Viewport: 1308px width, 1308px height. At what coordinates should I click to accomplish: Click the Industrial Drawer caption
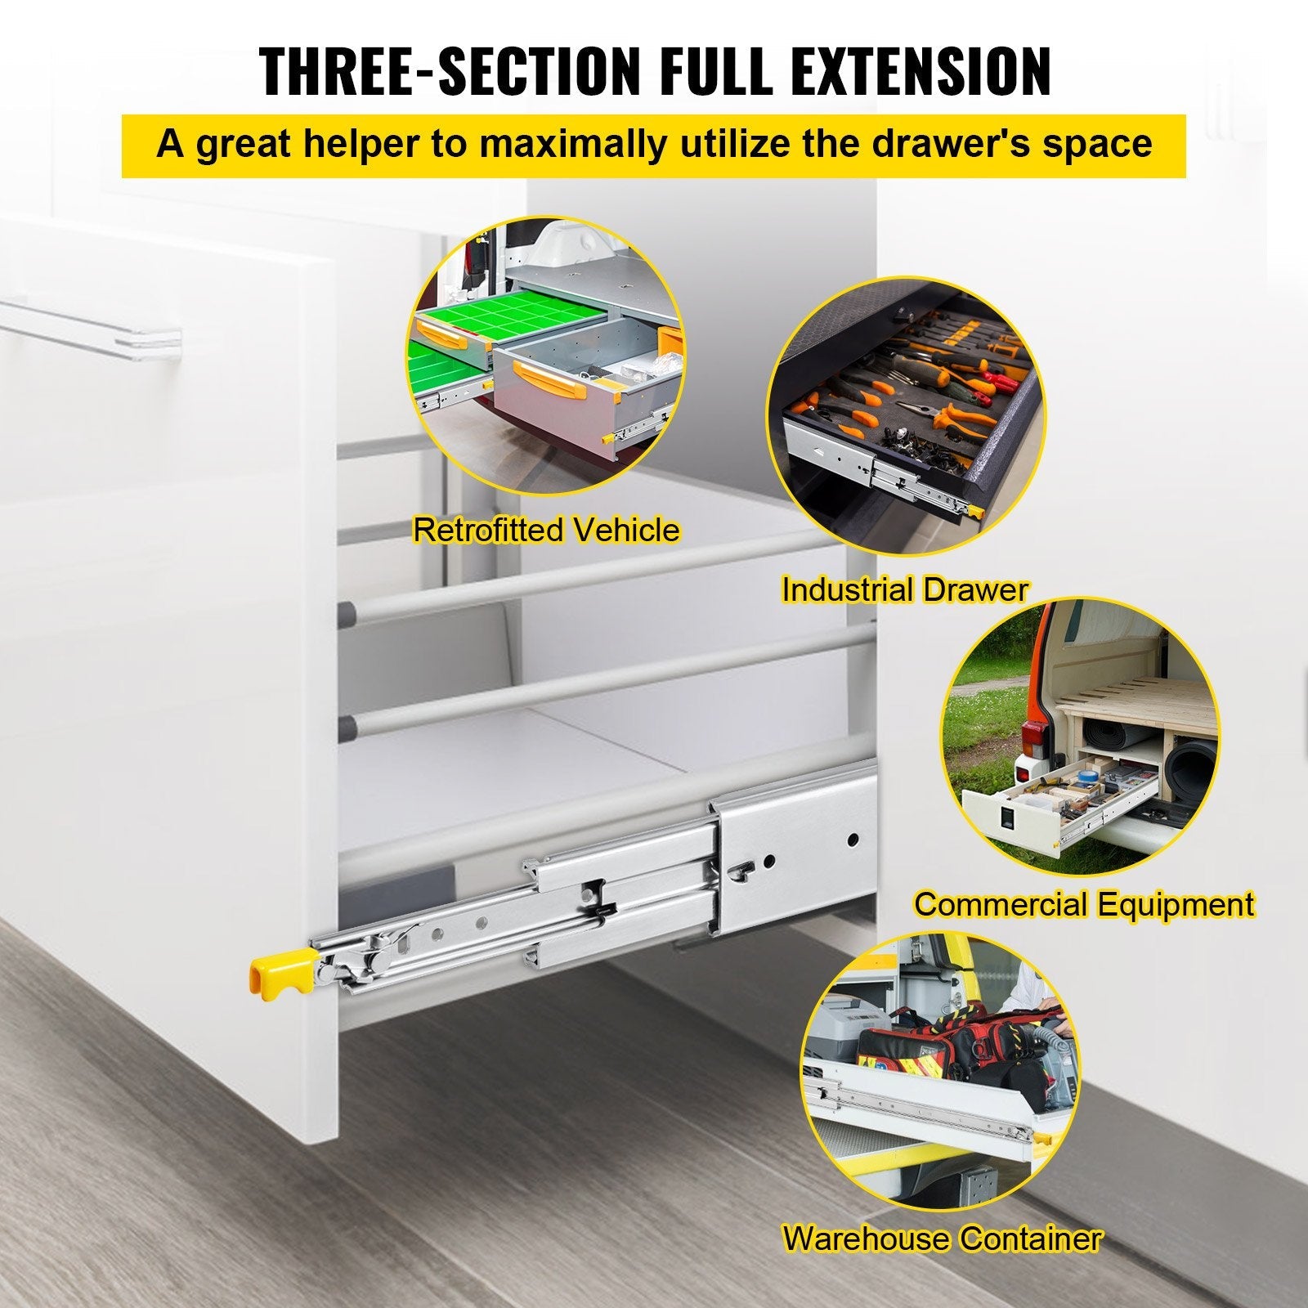[904, 589]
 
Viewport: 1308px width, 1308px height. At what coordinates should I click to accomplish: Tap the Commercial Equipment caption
[1083, 905]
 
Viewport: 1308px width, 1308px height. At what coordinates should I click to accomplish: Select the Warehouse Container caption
[942, 1239]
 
